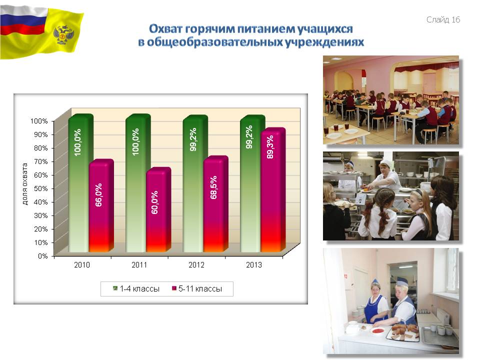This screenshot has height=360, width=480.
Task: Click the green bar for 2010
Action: (x=80, y=183)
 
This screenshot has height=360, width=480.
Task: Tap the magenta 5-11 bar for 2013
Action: (x=273, y=190)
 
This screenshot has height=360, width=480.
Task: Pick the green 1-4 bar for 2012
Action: (x=195, y=183)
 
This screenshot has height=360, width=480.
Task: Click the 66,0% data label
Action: (x=98, y=195)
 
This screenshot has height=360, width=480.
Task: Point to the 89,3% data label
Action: (x=270, y=147)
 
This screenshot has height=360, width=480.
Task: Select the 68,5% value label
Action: (x=213, y=187)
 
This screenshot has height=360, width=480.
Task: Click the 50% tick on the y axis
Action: (x=40, y=188)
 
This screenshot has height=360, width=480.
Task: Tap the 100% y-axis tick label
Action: (x=39, y=121)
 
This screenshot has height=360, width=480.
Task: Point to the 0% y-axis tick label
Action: (x=42, y=256)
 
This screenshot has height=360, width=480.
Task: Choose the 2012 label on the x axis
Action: (x=196, y=265)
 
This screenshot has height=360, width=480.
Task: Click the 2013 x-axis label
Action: (x=254, y=265)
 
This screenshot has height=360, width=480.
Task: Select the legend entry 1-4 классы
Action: (x=136, y=288)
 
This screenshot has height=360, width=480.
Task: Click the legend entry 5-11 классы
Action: (x=197, y=288)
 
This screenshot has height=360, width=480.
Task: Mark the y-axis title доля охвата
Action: (x=25, y=184)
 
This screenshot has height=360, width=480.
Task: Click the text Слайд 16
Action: (x=443, y=19)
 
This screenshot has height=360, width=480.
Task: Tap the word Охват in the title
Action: (x=165, y=29)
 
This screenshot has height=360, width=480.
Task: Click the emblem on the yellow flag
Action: (x=63, y=34)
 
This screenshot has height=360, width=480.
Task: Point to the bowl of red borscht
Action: (x=377, y=330)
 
